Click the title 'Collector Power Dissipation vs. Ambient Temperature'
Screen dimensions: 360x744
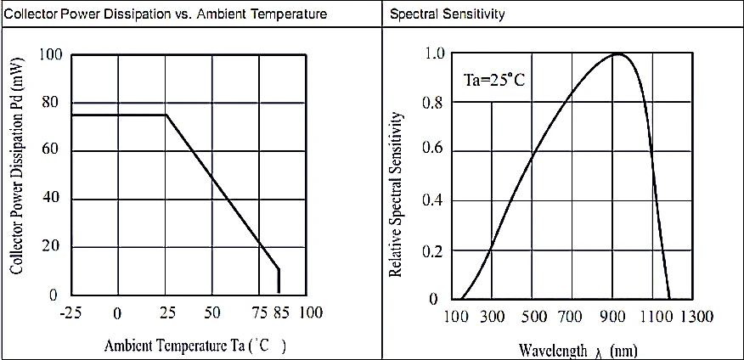pos(165,14)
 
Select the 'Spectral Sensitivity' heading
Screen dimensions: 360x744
pos(447,14)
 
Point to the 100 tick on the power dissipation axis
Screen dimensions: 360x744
pos(51,55)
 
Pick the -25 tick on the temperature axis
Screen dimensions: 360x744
pos(70,312)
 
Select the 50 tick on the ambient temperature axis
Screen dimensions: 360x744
pos(212,312)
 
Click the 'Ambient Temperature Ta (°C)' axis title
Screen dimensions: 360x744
pos(194,346)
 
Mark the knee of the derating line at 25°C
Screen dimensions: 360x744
pos(166,115)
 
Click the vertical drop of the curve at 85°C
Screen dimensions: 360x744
pos(279,280)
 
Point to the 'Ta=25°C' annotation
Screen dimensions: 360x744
pos(493,82)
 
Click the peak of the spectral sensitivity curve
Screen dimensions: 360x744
pos(617,54)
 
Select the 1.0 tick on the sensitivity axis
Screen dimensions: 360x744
pos(434,54)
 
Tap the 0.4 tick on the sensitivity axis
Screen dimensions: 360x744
pos(434,201)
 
